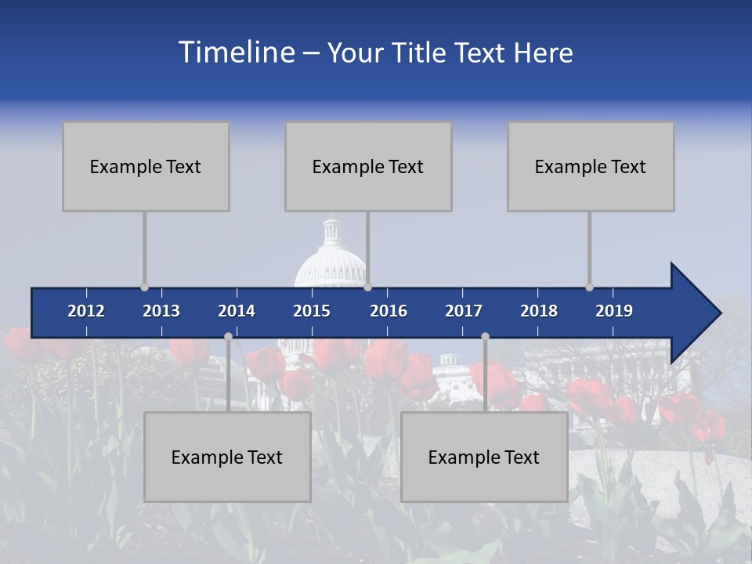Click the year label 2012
[x=86, y=311]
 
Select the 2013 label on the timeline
[x=161, y=311]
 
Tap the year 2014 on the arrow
[x=237, y=311]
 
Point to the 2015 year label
[x=312, y=311]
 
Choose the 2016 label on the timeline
[x=389, y=311]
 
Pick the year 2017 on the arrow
[x=464, y=311]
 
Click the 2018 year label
[x=539, y=311]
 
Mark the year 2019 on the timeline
[x=614, y=311]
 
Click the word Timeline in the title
[x=236, y=52]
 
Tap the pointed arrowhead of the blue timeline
[x=697, y=313]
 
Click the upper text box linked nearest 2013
[x=146, y=166]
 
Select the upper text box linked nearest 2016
[x=368, y=166]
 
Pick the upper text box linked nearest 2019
[x=591, y=166]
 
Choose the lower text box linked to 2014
[x=227, y=457]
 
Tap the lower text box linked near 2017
[x=484, y=457]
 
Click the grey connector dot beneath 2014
[x=228, y=337]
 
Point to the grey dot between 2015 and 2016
[x=367, y=287]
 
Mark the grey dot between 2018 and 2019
[x=589, y=287]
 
